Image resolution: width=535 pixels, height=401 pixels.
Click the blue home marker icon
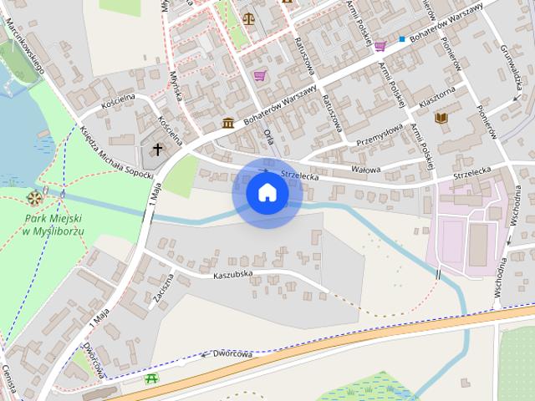267,193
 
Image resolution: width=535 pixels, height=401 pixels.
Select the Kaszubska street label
232,274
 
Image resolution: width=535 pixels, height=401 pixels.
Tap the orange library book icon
441,119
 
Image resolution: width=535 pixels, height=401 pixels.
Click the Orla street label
267,135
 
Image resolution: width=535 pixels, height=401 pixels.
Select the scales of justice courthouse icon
248,16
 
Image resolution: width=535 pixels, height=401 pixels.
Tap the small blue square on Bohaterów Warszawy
402,39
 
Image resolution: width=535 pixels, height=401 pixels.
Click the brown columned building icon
227,124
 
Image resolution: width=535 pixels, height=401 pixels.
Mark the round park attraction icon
34,198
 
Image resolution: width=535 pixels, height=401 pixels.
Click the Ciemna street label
8,381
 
